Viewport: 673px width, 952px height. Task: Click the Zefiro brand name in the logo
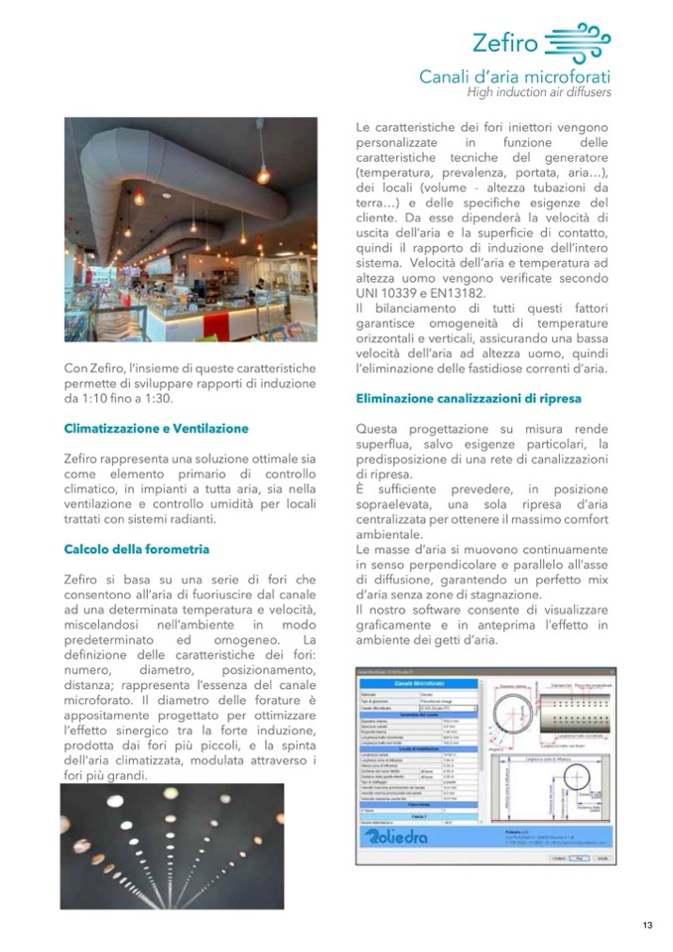point(506,43)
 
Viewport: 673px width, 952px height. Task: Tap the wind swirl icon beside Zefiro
point(578,42)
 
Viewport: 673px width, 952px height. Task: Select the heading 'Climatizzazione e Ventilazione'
point(156,429)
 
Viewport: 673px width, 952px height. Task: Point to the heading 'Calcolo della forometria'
point(136,548)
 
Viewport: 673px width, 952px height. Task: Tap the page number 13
point(647,925)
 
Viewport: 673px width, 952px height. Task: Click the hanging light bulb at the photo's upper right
point(263,175)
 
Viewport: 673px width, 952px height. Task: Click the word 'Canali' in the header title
point(449,76)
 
